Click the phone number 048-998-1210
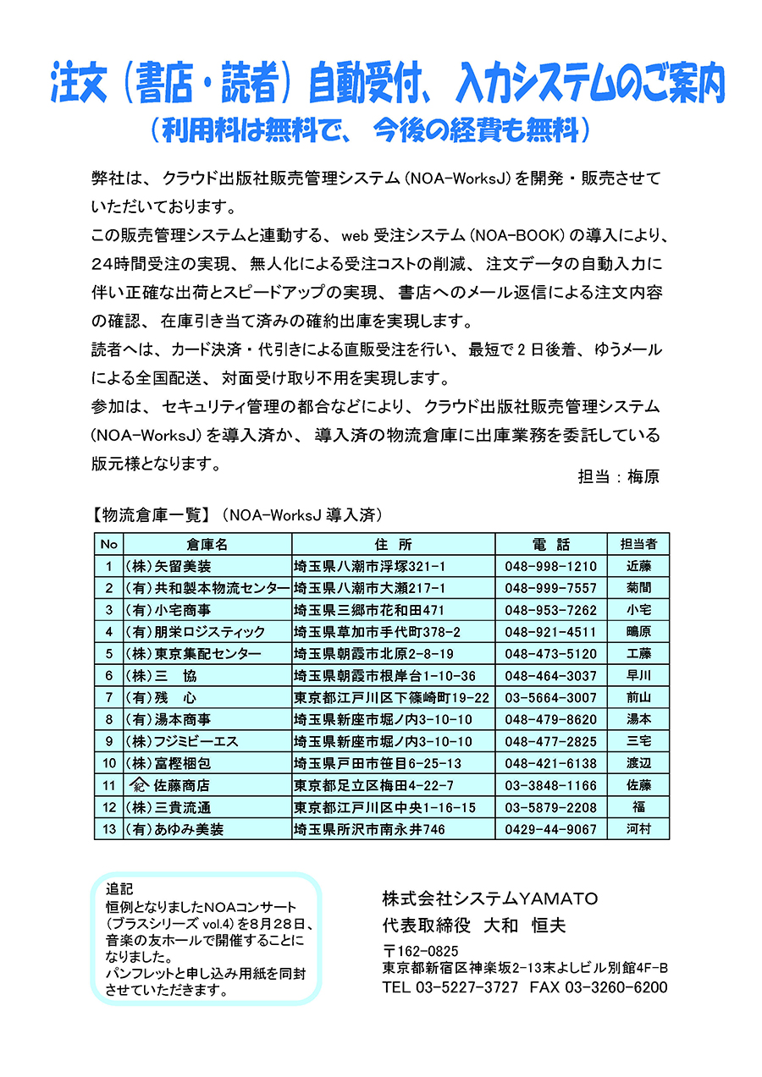(x=550, y=566)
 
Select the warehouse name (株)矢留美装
(x=168, y=566)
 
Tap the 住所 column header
(x=392, y=544)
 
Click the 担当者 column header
(x=638, y=544)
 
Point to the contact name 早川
(x=638, y=675)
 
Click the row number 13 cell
(x=109, y=829)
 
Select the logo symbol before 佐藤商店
(x=135, y=785)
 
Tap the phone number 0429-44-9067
(x=550, y=829)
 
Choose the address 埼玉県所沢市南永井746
(x=368, y=829)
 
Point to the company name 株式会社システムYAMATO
(x=490, y=898)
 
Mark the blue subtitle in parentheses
(x=370, y=129)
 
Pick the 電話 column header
(x=551, y=544)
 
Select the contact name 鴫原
(x=638, y=631)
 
